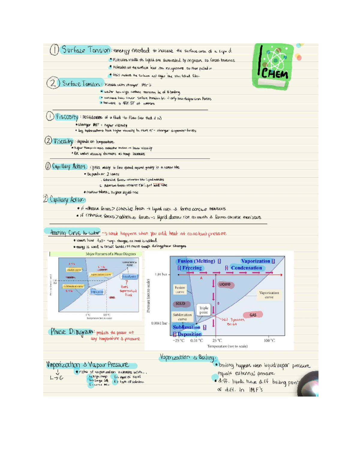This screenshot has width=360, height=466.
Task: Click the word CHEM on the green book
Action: (274, 74)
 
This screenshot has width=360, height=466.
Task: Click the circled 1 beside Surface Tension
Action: (54, 50)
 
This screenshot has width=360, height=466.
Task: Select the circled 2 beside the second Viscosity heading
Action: (48, 141)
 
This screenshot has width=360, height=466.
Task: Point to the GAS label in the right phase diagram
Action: (253, 315)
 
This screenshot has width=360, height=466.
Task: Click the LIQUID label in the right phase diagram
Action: (225, 284)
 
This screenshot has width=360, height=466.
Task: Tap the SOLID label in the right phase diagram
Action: (180, 304)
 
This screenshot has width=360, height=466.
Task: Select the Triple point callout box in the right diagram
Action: (204, 310)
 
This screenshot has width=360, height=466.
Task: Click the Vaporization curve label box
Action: (269, 295)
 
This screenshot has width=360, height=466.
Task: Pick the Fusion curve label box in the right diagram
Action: (180, 290)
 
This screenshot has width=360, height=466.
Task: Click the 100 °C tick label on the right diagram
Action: (269, 341)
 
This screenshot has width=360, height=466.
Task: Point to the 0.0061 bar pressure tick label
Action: (159, 323)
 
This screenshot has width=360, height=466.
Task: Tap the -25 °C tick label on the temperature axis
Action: (178, 341)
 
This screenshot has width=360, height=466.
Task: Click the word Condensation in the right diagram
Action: (246, 268)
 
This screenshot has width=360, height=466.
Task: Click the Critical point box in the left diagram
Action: (129, 276)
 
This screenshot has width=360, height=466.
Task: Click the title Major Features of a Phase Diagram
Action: (111, 254)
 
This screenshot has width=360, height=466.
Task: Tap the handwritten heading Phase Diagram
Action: (72, 332)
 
